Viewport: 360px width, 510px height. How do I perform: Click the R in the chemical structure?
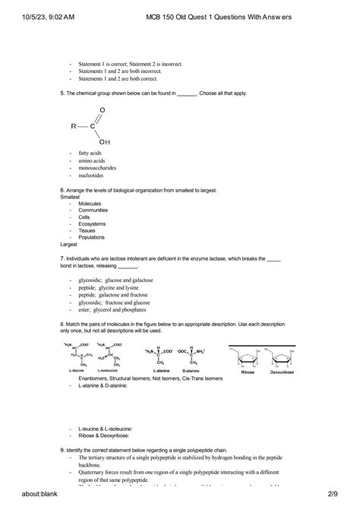(74, 126)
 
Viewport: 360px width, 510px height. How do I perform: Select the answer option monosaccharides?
(102, 167)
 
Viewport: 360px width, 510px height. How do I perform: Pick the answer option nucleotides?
(95, 175)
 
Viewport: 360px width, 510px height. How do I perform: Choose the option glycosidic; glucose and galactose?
(122, 280)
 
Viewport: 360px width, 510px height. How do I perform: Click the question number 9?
(62, 450)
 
